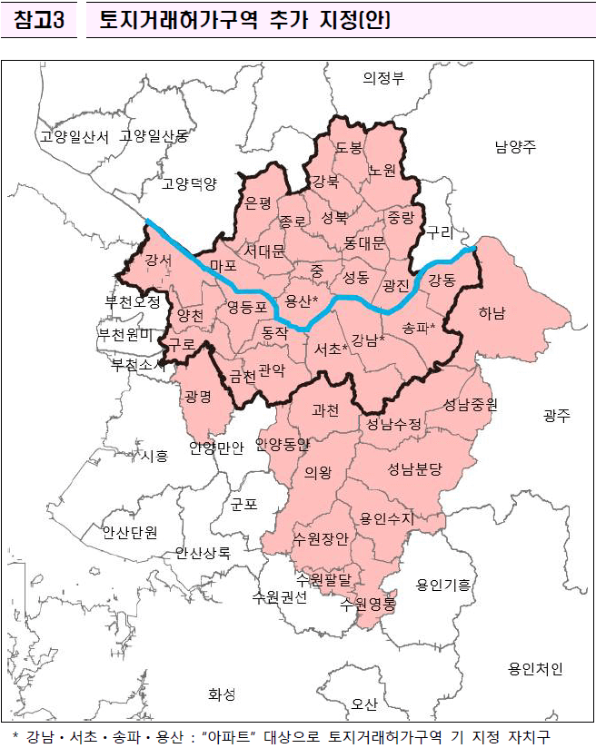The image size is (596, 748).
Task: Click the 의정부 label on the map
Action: tap(383, 77)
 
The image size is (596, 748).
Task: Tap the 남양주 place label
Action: tap(515, 146)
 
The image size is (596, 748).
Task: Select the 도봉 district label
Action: tap(349, 147)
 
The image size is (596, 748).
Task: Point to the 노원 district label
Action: tap(382, 170)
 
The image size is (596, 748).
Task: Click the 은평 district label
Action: tap(259, 202)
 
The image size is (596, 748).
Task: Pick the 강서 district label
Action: tap(158, 261)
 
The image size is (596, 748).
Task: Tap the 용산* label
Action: tap(302, 300)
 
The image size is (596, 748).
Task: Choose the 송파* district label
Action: tap(418, 327)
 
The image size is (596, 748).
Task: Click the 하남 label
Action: tap(492, 313)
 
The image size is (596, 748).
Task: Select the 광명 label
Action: tap(197, 397)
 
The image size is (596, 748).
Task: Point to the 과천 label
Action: tap(324, 410)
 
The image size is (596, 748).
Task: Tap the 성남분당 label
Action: tap(414, 469)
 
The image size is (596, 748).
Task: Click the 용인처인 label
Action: tap(535, 669)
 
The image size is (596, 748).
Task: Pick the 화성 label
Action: tap(222, 694)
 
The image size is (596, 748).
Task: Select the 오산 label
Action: tap(364, 704)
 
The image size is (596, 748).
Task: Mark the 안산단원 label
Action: tap(130, 531)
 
